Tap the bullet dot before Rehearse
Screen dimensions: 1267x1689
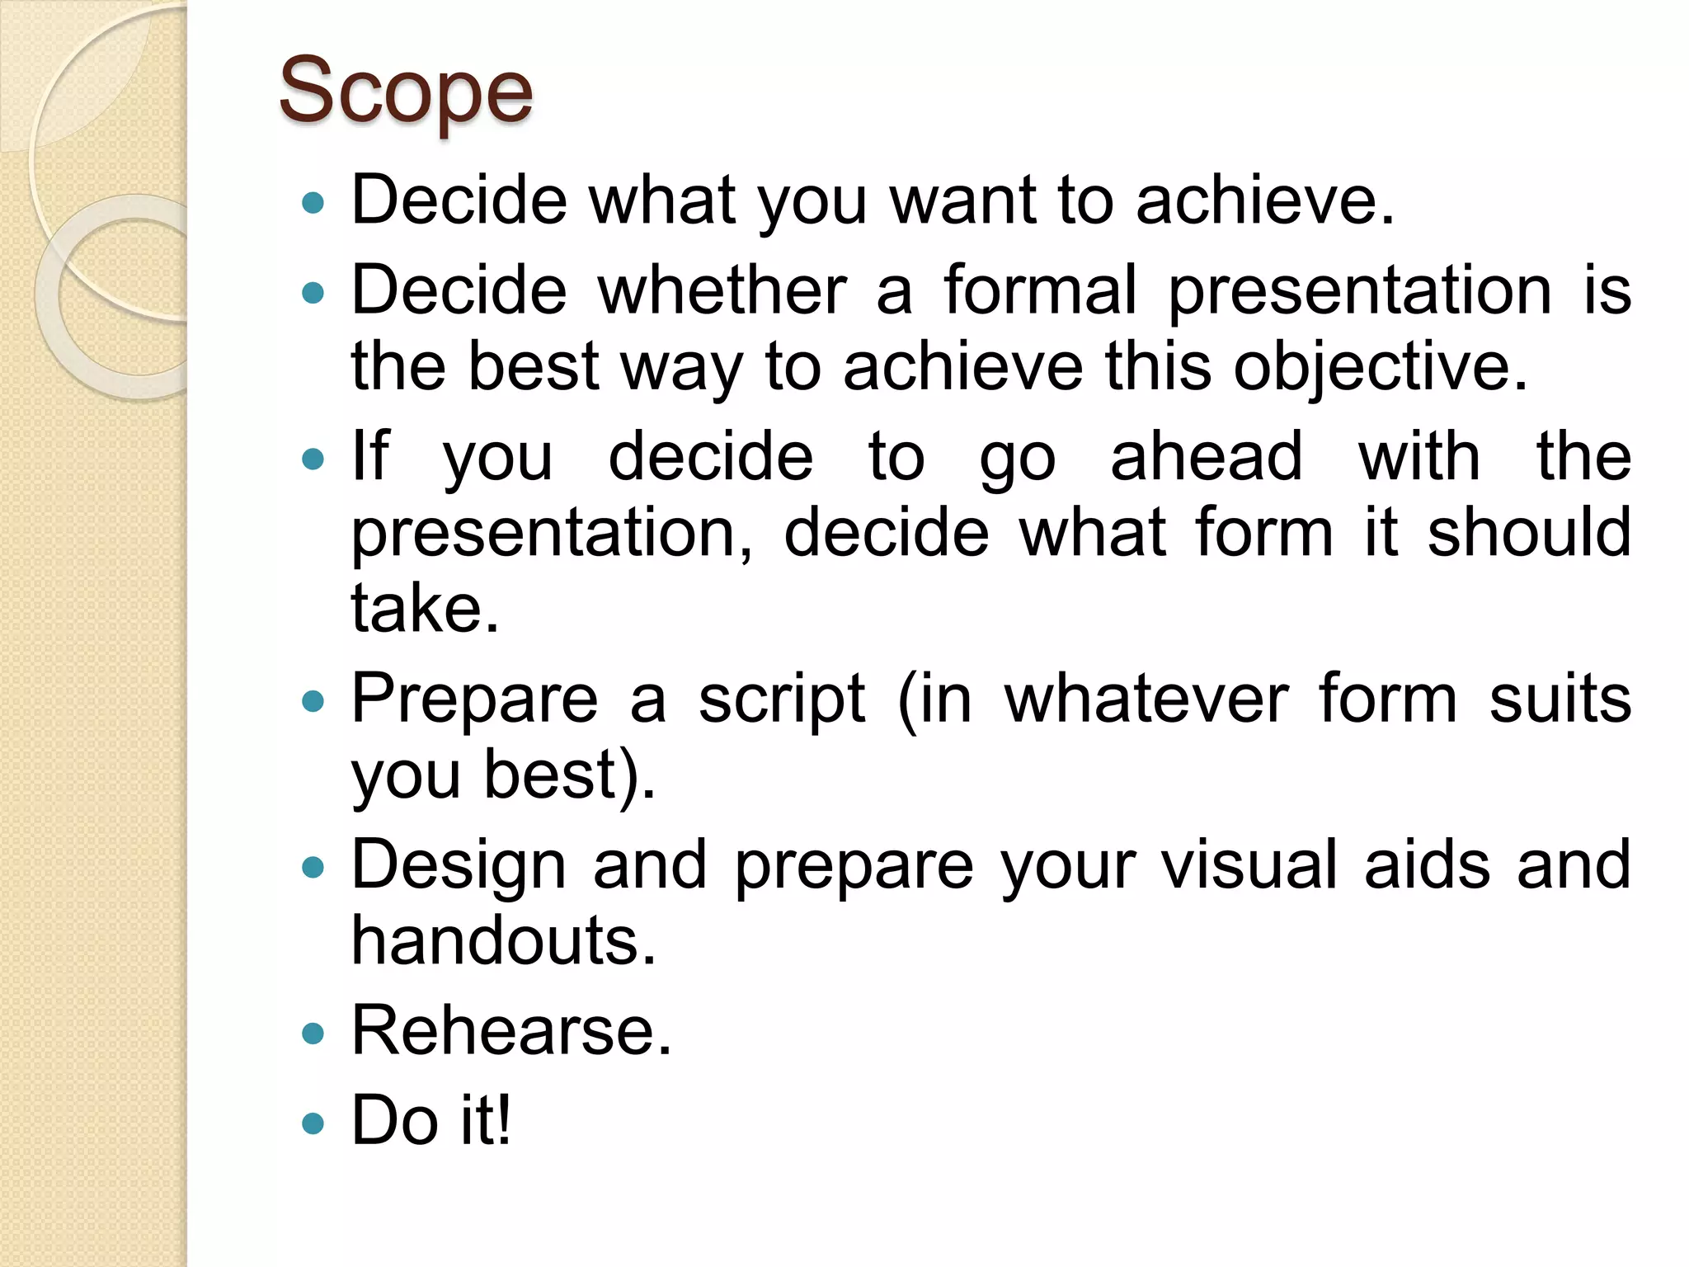(313, 1034)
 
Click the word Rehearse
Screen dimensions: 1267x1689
(511, 1030)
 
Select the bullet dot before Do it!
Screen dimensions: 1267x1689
(313, 1123)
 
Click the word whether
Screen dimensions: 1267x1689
(722, 290)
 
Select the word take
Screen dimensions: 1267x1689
(425, 609)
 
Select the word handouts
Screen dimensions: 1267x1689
(503, 941)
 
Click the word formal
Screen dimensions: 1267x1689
(1040, 290)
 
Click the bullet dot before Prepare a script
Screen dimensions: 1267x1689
(313, 701)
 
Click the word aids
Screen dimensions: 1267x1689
(1428, 865)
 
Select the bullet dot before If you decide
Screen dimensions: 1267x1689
(313, 459)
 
